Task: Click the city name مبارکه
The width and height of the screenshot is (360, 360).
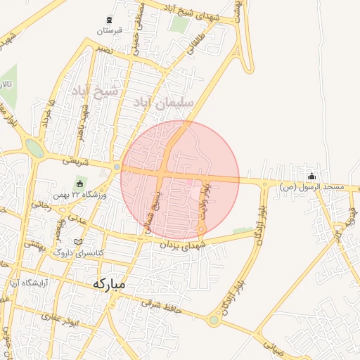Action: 108,284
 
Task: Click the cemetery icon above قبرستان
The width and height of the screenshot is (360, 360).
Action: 109,20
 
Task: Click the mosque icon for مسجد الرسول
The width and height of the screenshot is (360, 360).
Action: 312,176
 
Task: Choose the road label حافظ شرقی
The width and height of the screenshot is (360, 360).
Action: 161,304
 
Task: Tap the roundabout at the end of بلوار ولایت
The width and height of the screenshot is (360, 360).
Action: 201,229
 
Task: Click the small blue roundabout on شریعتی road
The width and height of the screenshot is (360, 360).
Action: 117,168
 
